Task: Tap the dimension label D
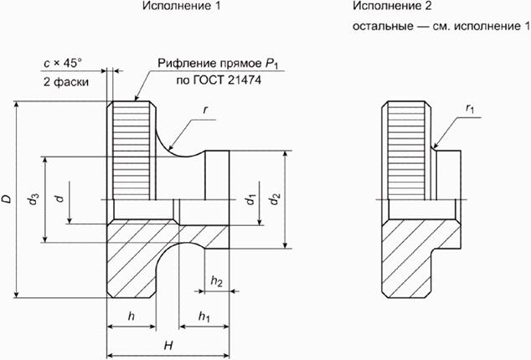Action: coord(7,198)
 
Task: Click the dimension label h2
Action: coord(216,280)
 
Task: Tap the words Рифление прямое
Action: coord(197,63)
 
